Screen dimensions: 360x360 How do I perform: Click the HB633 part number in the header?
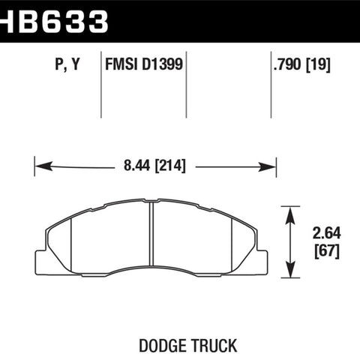54,21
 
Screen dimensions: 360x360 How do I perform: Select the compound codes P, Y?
67,64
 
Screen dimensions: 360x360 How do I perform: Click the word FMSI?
121,64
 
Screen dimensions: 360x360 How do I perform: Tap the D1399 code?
163,64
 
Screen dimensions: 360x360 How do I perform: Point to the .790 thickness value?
287,64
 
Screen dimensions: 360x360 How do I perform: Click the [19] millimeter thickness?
318,64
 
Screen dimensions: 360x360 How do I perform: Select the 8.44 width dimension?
137,165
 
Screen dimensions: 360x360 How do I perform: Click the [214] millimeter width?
170,166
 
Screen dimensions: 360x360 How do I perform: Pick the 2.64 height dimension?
326,233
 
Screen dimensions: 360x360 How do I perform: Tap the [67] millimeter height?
327,251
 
